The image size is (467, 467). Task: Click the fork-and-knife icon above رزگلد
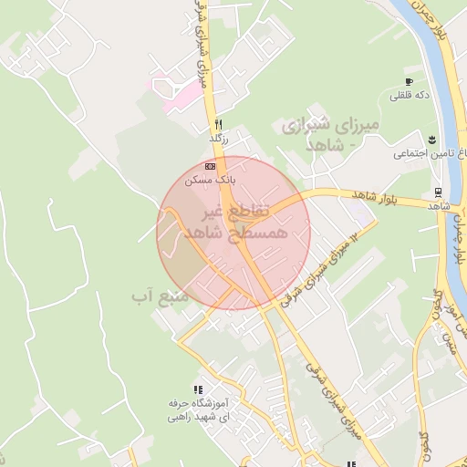[217, 125]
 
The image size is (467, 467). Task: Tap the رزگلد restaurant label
[217, 138]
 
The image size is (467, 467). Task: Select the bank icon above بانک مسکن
[212, 167]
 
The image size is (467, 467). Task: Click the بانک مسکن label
[211, 181]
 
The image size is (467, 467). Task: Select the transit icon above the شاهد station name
[439, 193]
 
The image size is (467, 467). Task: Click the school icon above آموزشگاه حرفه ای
[199, 389]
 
